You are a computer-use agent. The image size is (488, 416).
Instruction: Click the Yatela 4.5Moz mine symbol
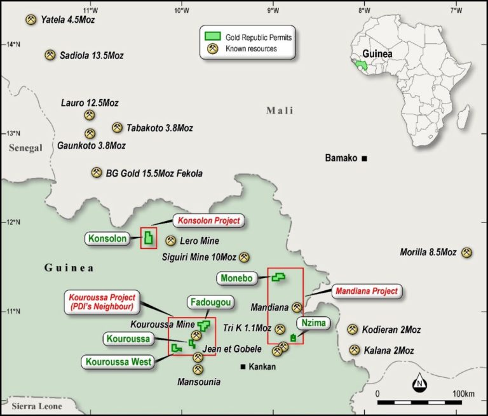tap(30, 20)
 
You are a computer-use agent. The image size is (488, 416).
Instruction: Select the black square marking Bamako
tap(365, 158)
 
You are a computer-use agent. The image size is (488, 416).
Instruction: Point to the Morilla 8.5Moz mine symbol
tap(467, 252)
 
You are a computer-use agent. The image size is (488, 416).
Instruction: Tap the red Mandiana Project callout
tap(368, 292)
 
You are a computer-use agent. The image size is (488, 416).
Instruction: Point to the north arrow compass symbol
tap(420, 383)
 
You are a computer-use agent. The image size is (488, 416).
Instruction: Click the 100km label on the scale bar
tap(464, 394)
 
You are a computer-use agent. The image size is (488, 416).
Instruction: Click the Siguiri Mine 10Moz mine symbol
tap(245, 257)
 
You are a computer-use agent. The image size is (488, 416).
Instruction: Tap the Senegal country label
tap(25, 148)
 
